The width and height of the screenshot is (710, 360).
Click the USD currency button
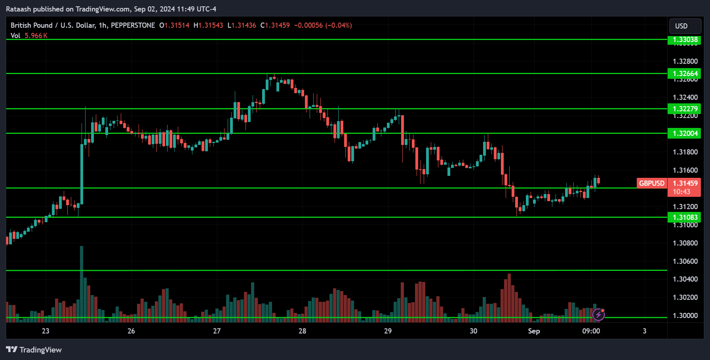685,26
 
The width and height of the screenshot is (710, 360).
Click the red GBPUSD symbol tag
651,183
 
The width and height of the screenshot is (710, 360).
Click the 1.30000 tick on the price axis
685,316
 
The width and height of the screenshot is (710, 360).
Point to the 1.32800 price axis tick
685,61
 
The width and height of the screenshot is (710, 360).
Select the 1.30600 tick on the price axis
685,261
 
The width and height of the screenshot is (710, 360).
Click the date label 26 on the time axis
131,331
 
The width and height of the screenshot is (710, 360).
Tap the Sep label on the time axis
534,331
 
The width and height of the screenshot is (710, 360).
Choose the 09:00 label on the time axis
591,331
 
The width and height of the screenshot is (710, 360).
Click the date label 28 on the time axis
302,331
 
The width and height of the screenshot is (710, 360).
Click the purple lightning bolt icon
598,314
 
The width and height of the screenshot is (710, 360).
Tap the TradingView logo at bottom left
34,350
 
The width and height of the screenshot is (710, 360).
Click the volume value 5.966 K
36,36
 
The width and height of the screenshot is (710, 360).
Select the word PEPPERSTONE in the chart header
133,25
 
